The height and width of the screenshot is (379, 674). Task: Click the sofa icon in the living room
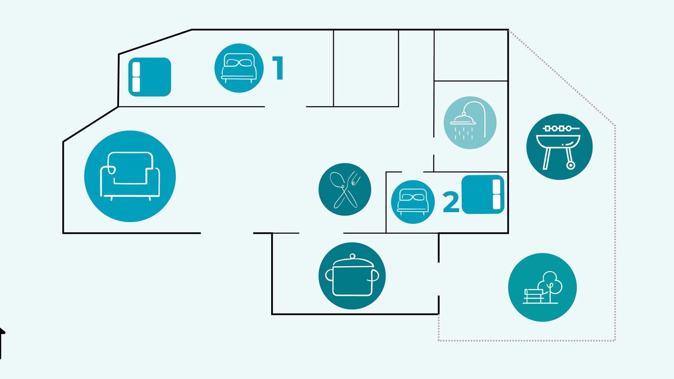pos(130,176)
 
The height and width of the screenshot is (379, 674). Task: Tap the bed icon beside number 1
pos(239,68)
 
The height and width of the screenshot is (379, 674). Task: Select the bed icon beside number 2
pos(413,202)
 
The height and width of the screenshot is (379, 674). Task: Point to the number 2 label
pos(451,203)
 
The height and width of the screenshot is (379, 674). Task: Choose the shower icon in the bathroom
pos(470,123)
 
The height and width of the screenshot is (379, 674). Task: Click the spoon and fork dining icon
pos(345,189)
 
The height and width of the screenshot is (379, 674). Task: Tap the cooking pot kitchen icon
pos(352,275)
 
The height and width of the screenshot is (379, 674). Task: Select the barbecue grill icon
pos(559,147)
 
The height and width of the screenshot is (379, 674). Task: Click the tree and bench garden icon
pos(542,287)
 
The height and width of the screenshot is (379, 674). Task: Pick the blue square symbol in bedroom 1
pos(150,77)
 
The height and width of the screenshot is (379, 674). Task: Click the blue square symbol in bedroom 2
pos(483,195)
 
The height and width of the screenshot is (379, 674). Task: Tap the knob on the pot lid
pos(352,256)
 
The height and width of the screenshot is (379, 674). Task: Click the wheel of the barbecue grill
pos(570,165)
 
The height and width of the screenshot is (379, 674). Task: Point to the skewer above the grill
pos(561,128)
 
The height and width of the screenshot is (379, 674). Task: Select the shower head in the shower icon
pos(463,119)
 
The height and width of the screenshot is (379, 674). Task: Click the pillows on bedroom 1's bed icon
pos(239,63)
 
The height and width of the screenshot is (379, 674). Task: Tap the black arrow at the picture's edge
pos(2,343)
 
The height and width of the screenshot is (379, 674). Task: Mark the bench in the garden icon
pos(533,296)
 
